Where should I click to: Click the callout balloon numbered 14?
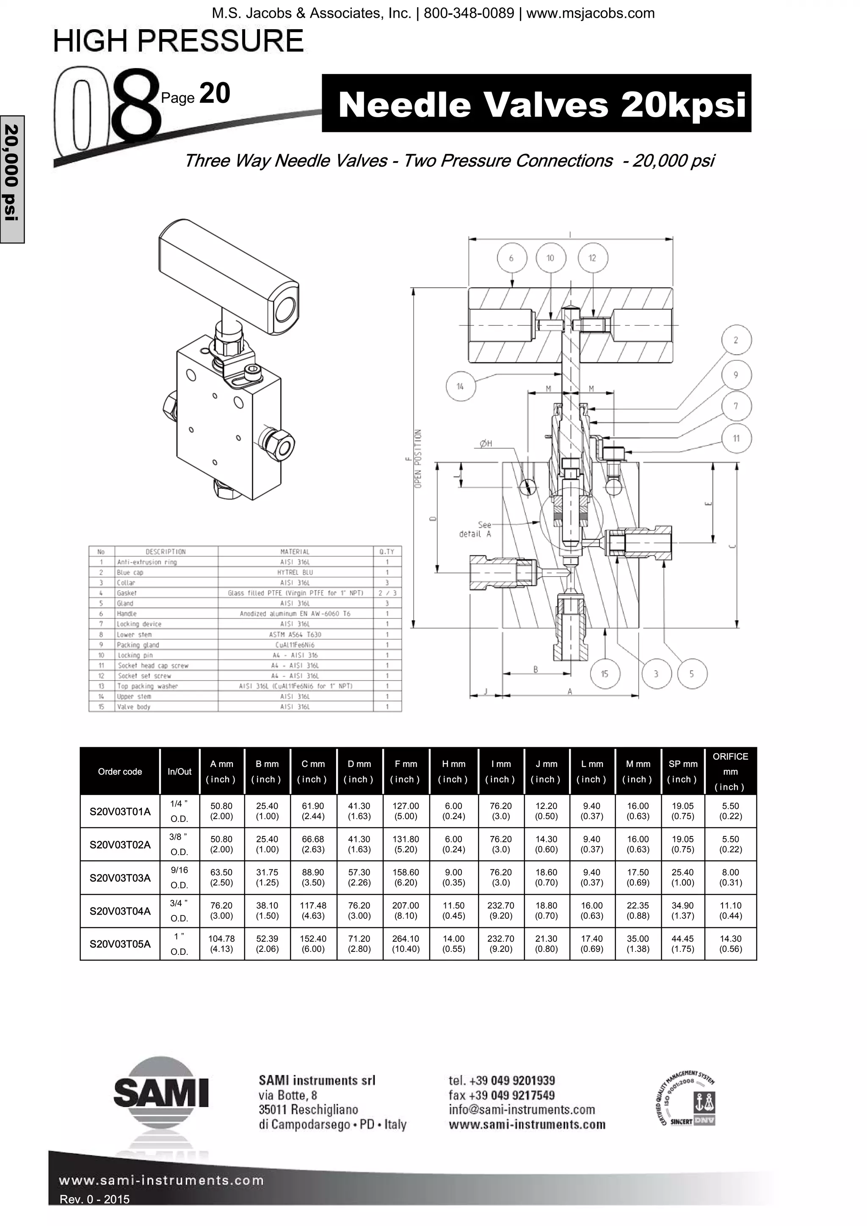(460, 387)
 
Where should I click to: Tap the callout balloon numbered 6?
(511, 258)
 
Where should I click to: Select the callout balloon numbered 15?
(604, 674)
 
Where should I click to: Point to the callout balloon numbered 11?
(736, 438)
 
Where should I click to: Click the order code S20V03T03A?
(120, 878)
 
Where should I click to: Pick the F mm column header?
(406, 771)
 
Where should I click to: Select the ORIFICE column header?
(730, 771)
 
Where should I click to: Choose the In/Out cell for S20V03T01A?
(179, 811)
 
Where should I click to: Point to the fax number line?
(501, 1095)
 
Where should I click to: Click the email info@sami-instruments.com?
(522, 1110)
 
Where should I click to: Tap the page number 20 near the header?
(214, 93)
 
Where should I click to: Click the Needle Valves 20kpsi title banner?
(536, 104)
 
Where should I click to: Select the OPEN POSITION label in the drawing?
(418, 458)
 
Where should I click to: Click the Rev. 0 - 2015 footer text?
(94, 1199)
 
